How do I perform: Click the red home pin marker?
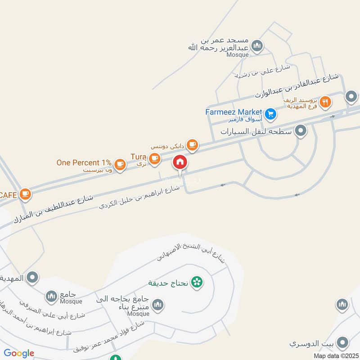180,162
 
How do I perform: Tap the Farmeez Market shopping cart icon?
270,114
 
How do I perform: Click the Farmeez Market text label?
234,111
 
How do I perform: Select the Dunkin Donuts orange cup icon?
192,144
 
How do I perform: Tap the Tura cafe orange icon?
154,158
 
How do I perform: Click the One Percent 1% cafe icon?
120,164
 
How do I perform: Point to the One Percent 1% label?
84,162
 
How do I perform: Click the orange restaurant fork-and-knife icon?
326,102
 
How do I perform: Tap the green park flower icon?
197,283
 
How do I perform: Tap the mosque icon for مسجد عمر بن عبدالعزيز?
257,45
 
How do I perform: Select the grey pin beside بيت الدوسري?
342,343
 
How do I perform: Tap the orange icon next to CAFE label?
26,193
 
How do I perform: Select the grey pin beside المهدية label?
32,278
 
